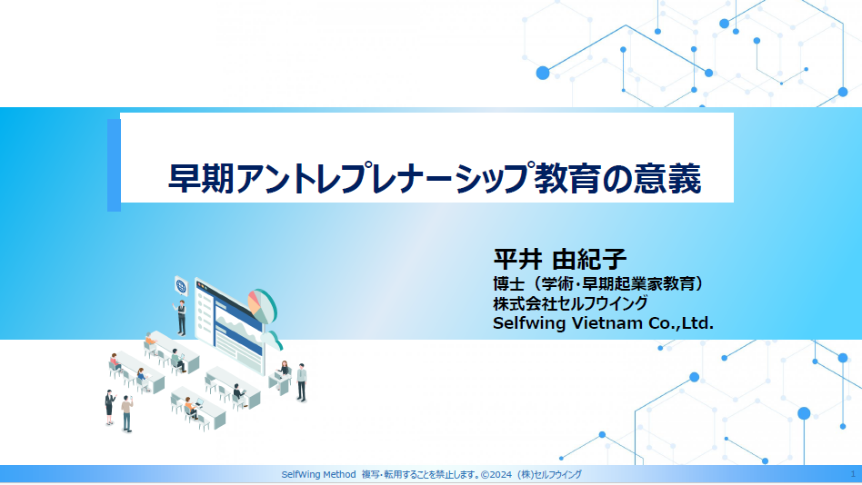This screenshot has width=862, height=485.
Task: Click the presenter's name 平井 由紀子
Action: (559, 259)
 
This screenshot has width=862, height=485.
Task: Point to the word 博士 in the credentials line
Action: (508, 284)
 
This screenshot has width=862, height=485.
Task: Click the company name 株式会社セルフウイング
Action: (571, 303)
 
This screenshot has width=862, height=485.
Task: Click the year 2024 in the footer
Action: (501, 475)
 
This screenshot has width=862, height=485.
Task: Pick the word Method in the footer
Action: (339, 475)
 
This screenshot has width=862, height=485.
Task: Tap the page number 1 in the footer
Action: (853, 474)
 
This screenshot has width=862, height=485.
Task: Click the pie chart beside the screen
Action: (262, 306)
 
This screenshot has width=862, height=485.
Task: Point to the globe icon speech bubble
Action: (181, 287)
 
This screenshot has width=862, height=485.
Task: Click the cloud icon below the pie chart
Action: (273, 340)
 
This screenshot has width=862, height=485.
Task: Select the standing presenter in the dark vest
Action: (181, 318)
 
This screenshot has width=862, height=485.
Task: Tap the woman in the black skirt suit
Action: (109, 407)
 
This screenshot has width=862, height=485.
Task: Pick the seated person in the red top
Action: (115, 362)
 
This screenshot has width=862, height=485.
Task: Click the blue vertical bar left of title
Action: (114, 164)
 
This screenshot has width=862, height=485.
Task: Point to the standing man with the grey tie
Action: (301, 382)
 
